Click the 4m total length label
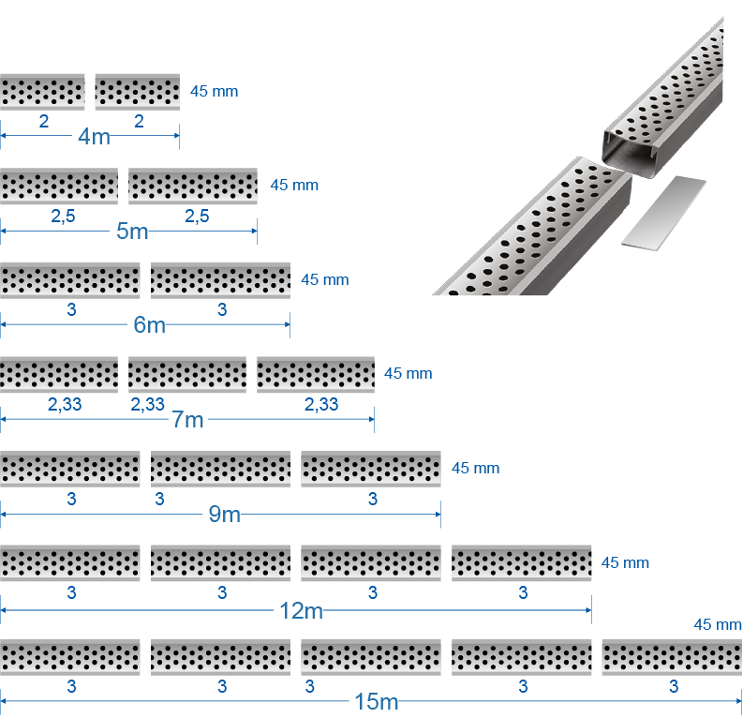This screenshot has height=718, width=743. (x=94, y=137)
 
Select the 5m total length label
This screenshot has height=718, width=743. (x=132, y=231)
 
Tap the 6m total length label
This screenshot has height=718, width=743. (x=149, y=325)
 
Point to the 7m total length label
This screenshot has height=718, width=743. (x=187, y=419)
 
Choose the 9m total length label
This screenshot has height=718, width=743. (x=223, y=514)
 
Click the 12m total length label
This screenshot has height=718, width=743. (x=301, y=610)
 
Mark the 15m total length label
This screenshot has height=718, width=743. (x=376, y=702)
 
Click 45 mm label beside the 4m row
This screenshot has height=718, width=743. (x=214, y=91)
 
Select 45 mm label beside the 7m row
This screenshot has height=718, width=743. (x=408, y=373)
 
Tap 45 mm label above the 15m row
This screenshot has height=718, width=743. (x=717, y=624)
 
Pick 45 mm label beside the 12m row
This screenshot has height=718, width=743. (x=625, y=562)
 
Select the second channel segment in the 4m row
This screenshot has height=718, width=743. (x=137, y=92)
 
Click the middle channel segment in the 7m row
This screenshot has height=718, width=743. (x=187, y=374)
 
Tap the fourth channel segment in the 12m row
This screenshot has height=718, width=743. (x=521, y=562)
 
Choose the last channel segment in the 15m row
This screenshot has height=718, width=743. (x=671, y=657)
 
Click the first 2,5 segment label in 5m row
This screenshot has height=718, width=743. (x=62, y=217)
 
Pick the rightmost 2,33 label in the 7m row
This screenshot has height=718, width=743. (x=321, y=404)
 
